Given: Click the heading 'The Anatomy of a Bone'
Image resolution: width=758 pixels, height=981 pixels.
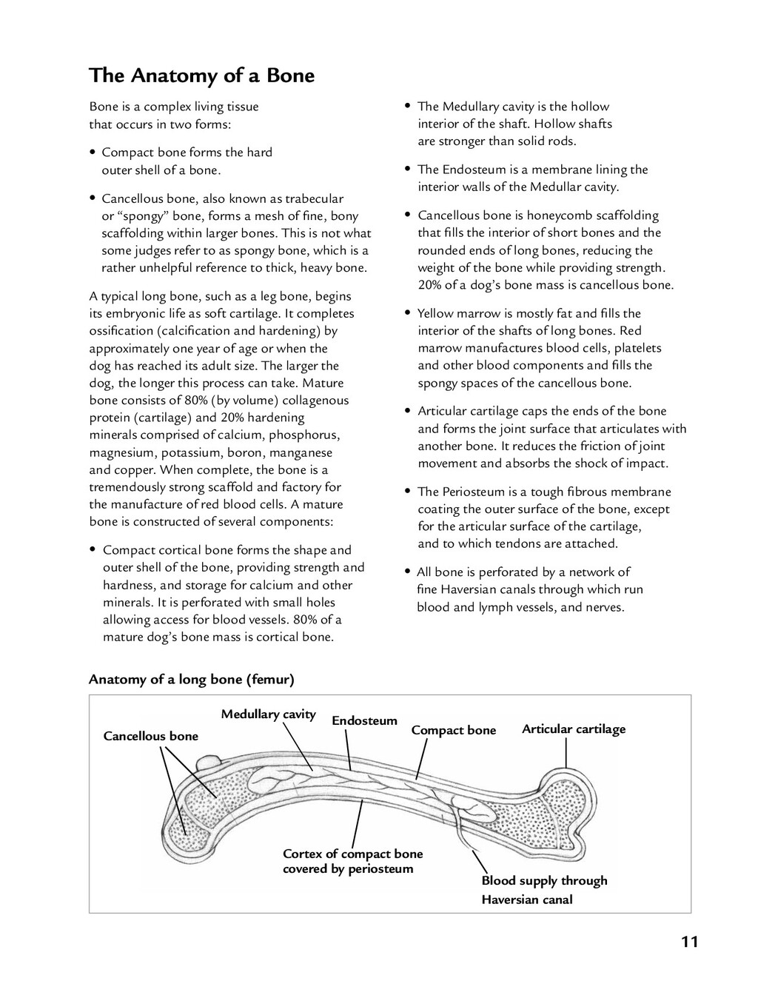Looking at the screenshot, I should (x=201, y=76).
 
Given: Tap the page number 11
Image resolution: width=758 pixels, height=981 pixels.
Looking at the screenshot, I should (x=689, y=942).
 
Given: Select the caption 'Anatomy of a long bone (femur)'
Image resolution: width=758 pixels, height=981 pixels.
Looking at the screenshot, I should (x=192, y=679).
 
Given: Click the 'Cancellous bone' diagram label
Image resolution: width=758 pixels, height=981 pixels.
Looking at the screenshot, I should (x=151, y=736).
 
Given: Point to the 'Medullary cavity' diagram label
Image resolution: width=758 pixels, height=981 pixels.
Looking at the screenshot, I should (x=268, y=714).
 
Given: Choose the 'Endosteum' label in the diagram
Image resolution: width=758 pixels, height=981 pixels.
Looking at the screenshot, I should (x=364, y=720).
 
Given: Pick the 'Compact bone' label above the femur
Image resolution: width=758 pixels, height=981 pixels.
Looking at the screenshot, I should (x=453, y=730).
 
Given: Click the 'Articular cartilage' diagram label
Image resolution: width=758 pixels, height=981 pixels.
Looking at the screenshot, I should (x=574, y=729).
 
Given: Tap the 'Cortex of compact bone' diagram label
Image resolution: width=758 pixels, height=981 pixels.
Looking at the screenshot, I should (x=352, y=854).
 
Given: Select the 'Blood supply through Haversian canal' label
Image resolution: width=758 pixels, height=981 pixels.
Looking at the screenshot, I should (x=544, y=890).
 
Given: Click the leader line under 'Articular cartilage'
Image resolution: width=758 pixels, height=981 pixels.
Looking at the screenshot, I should (x=566, y=754).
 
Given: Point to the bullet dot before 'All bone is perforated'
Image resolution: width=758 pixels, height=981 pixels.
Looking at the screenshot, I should (x=407, y=572).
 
